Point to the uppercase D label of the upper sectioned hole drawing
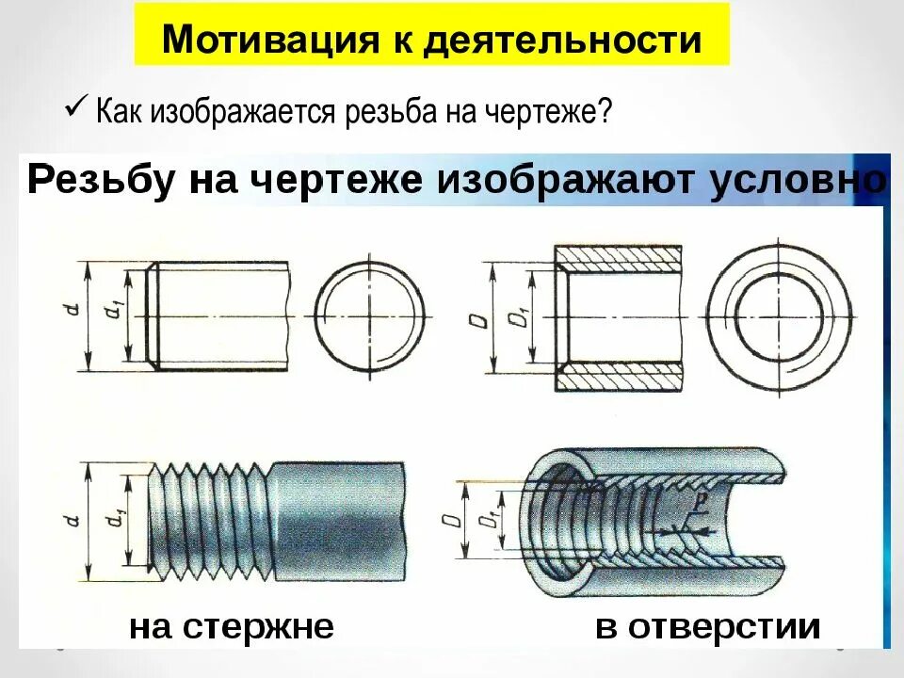point(479,320)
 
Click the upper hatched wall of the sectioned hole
point(618,256)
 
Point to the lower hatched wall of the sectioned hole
point(618,379)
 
